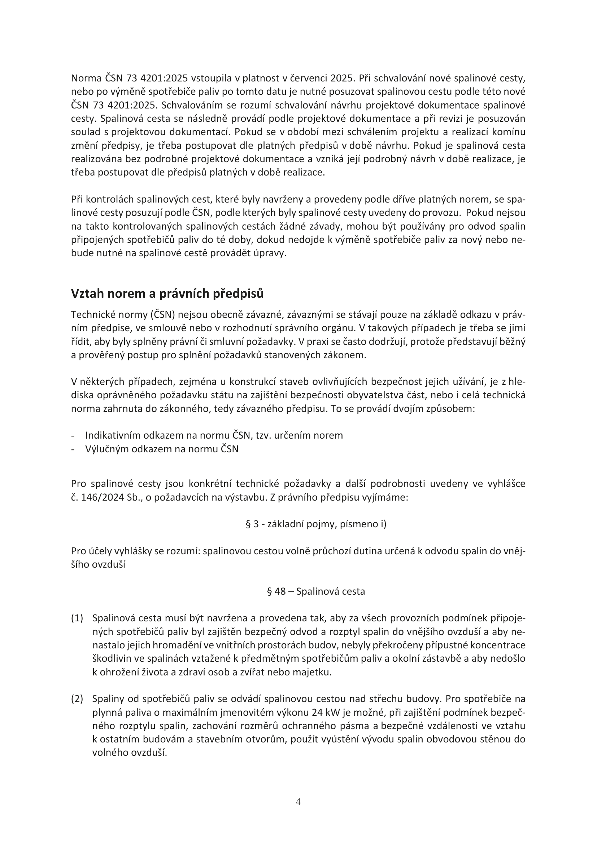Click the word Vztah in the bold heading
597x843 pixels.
click(x=85, y=294)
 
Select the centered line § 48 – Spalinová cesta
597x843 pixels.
click(x=316, y=591)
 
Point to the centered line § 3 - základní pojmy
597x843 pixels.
click(x=316, y=524)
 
